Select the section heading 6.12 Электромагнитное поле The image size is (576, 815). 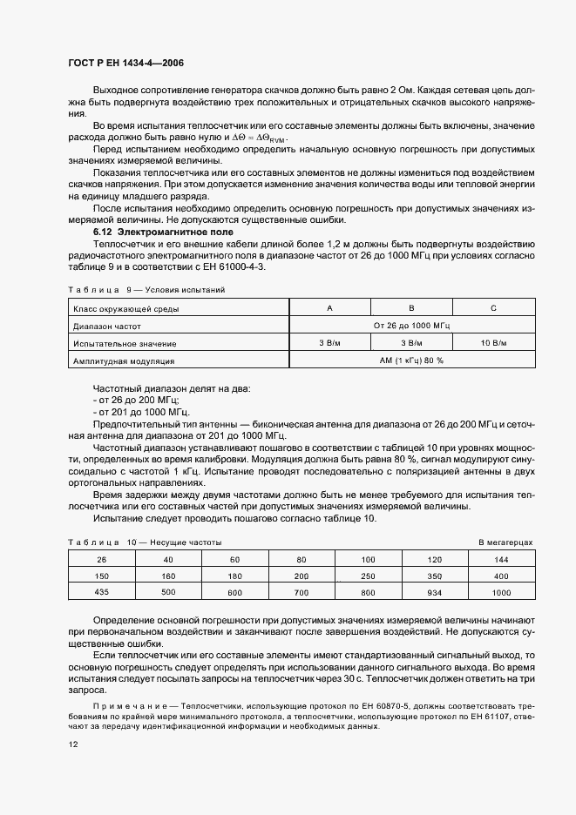151,232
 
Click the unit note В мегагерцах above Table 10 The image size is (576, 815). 505,542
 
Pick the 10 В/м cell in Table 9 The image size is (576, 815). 494,343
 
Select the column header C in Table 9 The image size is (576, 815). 494,307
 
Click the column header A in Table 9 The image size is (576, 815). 329,307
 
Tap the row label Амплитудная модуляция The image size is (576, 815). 124,360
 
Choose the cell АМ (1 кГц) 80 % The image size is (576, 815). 411,360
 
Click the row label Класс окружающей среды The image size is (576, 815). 127,307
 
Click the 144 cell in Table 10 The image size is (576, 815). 500,559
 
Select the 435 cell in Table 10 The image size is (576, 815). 101,593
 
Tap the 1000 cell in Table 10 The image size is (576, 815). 500,593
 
